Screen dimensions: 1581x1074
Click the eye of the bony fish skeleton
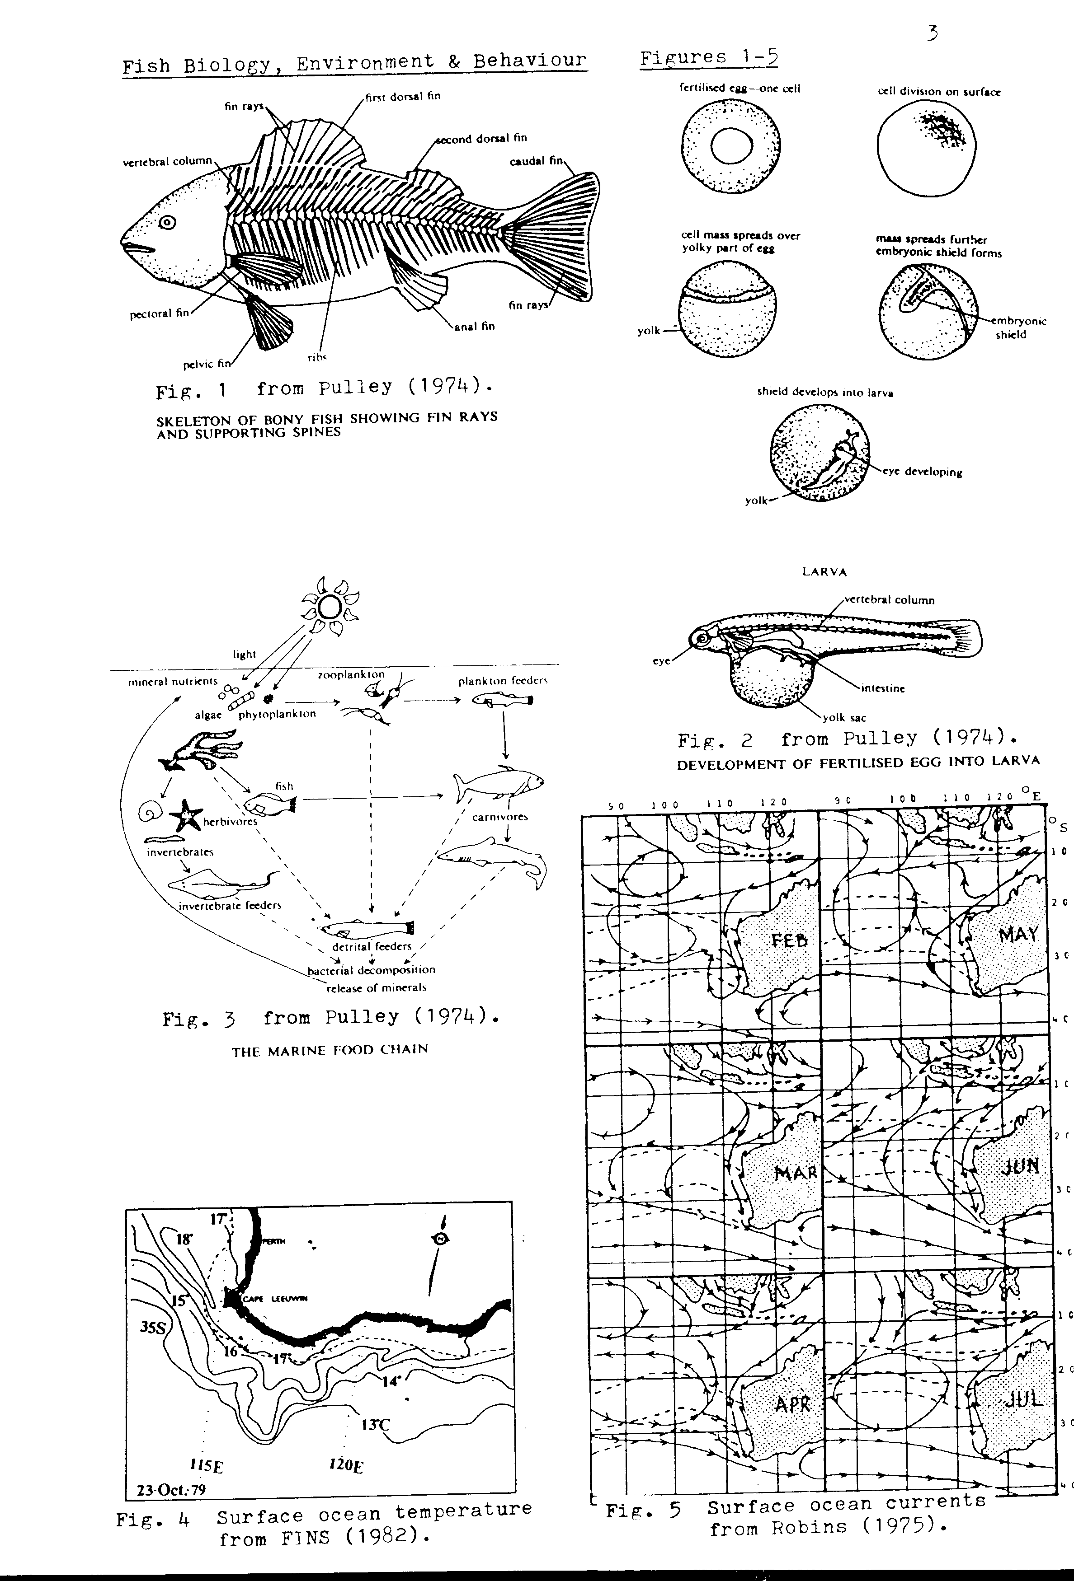coord(167,222)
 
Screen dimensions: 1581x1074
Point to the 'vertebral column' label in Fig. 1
coord(167,161)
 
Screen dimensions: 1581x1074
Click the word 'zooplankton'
coord(351,674)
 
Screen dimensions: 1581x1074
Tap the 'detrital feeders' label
coord(372,946)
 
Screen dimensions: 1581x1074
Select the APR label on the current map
coord(792,1404)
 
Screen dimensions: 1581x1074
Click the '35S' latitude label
coord(153,1327)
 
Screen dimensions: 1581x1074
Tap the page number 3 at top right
coord(933,32)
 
